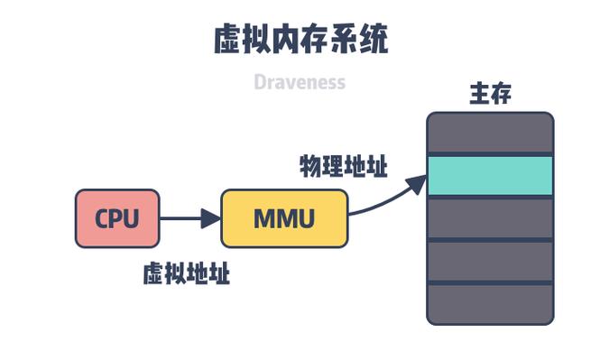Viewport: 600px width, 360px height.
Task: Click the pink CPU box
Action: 117,218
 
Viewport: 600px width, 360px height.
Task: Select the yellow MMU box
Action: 284,218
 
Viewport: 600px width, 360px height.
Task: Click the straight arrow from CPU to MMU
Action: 185,218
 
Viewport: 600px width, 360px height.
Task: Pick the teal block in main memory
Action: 489,176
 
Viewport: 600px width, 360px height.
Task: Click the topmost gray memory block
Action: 489,133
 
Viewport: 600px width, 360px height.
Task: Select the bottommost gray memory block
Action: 489,304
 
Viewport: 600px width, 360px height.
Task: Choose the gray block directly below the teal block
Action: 489,218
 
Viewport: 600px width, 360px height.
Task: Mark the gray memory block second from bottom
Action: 489,262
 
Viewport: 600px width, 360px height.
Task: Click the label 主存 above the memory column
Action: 490,94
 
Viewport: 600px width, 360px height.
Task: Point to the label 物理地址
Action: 343,167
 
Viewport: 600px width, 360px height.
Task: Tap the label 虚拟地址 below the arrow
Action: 186,274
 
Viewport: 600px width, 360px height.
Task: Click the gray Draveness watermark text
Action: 300,83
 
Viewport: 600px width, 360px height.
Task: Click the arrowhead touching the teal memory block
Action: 414,184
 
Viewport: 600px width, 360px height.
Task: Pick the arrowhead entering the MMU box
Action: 211,218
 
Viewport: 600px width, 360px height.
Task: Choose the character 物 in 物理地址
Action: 310,167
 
